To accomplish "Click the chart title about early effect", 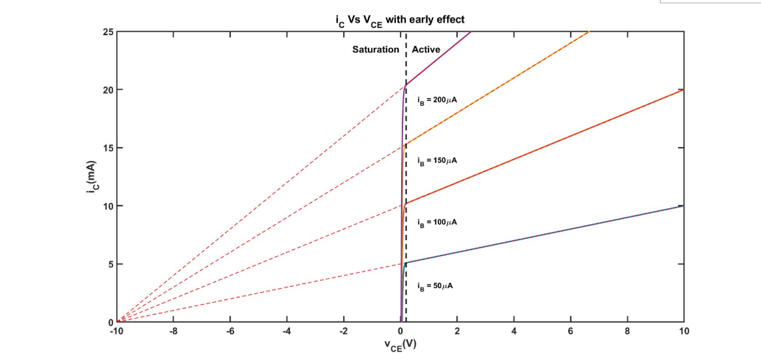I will (400, 20).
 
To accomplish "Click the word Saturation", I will (376, 49).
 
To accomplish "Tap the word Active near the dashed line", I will (426, 49).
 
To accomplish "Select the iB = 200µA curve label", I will (436, 100).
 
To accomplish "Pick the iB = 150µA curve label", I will (436, 161).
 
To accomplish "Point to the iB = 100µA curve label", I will (436, 222).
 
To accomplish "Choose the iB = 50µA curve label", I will (436, 285).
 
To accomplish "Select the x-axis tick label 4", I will (514, 331).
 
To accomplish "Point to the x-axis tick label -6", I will (229, 331).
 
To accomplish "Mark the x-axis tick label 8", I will (627, 331).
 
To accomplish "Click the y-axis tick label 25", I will (108, 31).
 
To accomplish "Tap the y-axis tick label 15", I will (108, 148).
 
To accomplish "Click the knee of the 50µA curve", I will (405, 263).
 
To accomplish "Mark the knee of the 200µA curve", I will (405, 86).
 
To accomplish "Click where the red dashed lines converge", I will (118, 322).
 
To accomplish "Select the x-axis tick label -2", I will (343, 331).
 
